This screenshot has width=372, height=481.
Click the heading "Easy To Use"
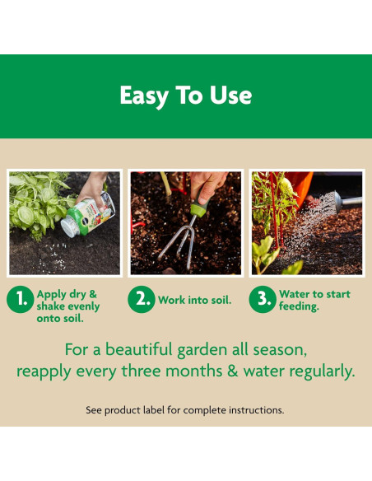pyautogui.click(x=185, y=96)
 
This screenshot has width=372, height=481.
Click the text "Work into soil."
pyautogui.click(x=195, y=301)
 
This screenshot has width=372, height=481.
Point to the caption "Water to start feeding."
pyautogui.click(x=314, y=300)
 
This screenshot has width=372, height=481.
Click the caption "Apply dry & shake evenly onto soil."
pyautogui.click(x=68, y=306)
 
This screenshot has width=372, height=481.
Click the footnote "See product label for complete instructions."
pyautogui.click(x=185, y=409)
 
